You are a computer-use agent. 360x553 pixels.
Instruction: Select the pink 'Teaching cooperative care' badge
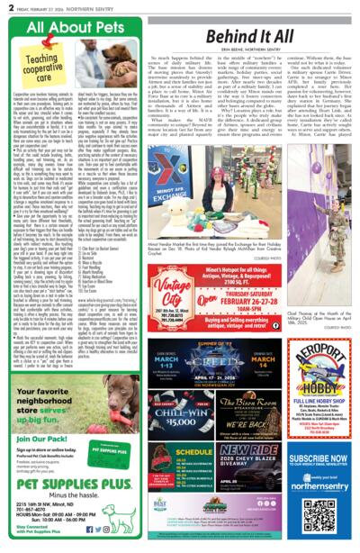coord(44,65)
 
